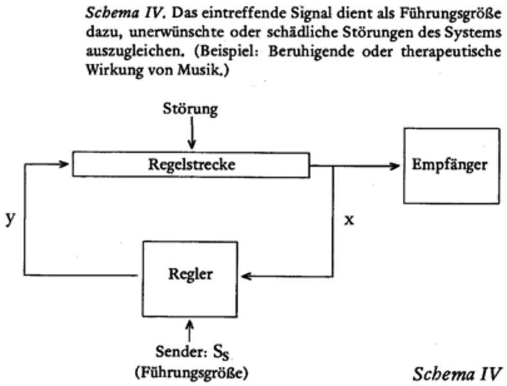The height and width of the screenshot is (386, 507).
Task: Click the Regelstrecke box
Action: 190,164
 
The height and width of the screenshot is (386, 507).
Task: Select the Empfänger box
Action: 450,165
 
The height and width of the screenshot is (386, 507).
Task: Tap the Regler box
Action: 190,275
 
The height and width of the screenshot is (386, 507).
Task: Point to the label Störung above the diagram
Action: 190,109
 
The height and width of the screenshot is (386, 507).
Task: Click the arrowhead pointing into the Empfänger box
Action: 395,165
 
